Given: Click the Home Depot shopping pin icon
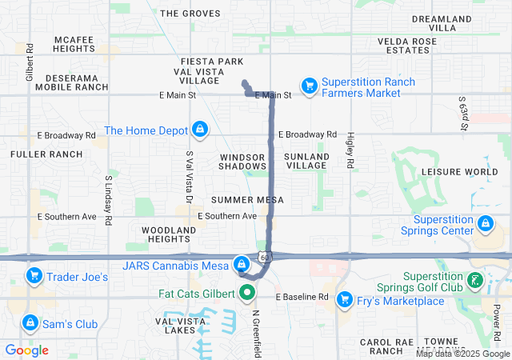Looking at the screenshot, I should pyautogui.click(x=199, y=129).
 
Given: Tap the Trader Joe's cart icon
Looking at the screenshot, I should pyautogui.click(x=34, y=277).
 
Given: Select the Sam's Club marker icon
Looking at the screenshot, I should pyautogui.click(x=30, y=322).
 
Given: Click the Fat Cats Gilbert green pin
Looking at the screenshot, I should pyautogui.click(x=245, y=293).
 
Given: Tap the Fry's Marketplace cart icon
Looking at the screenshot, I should pyautogui.click(x=345, y=299).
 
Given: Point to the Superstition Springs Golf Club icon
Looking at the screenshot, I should pyautogui.click(x=476, y=280).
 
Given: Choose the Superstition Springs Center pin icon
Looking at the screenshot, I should pyautogui.click(x=485, y=223).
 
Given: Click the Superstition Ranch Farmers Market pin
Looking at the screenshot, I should pyautogui.click(x=309, y=85).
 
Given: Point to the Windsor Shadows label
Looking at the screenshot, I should pyautogui.click(x=242, y=160).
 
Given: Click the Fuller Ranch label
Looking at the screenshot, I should pyautogui.click(x=46, y=154).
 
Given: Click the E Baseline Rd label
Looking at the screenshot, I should pyautogui.click(x=302, y=297).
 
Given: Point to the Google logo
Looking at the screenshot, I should pyautogui.click(x=27, y=350).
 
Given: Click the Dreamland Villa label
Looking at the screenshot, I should pyautogui.click(x=445, y=22).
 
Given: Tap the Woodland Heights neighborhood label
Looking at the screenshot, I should pyautogui.click(x=169, y=234).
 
